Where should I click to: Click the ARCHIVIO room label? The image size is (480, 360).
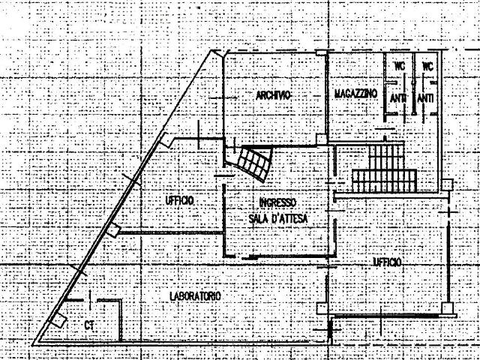click(x=273, y=95)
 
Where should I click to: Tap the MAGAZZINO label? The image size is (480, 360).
click(x=355, y=93)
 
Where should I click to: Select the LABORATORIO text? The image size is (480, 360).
click(x=195, y=296)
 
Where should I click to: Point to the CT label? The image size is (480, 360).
click(x=89, y=325)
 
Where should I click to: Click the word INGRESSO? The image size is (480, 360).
click(x=277, y=202)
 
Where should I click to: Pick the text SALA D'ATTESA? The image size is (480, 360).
click(x=278, y=218)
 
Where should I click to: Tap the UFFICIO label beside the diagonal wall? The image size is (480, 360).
click(x=180, y=201)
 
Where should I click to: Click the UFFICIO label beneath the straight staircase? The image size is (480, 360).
click(x=387, y=262)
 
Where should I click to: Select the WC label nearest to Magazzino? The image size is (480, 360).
click(x=399, y=66)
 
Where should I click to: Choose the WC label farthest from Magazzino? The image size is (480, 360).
click(x=427, y=66)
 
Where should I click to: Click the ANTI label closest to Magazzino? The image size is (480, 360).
click(x=398, y=98)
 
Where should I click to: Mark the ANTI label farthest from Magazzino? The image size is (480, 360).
click(x=425, y=98)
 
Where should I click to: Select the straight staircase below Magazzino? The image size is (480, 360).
click(x=385, y=168)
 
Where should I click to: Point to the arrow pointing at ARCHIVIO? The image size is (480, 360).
click(x=223, y=98)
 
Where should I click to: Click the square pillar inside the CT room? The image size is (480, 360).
click(x=58, y=320)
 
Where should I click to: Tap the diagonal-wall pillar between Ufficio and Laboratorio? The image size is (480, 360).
click(x=113, y=230)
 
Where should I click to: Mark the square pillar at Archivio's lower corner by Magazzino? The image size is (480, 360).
click(x=322, y=139)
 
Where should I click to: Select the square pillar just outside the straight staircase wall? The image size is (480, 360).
click(x=447, y=185)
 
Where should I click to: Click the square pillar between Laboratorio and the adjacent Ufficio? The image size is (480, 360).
click(x=322, y=308)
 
